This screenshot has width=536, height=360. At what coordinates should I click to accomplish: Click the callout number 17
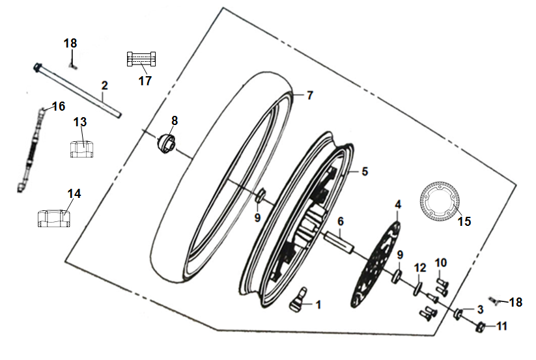tap(145, 81)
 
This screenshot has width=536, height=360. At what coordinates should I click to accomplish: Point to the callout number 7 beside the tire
tap(310, 95)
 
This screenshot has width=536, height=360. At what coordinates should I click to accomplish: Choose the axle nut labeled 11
tap(481, 327)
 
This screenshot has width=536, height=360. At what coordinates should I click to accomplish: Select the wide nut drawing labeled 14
tap(53, 218)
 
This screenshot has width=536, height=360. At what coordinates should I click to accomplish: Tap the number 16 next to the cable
tap(59, 106)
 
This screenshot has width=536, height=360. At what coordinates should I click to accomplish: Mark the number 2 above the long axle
tap(105, 85)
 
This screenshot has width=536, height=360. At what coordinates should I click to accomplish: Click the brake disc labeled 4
tap(375, 263)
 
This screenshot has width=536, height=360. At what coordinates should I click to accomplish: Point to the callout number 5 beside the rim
tap(365, 171)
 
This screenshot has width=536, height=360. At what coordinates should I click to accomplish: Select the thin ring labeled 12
tap(417, 288)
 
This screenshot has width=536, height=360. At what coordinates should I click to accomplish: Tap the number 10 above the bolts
tap(441, 262)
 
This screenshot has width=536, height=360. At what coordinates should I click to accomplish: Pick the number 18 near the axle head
tap(70, 44)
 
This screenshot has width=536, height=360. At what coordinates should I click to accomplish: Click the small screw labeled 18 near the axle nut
tap(493, 300)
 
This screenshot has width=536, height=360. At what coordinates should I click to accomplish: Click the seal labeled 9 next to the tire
tap(261, 196)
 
